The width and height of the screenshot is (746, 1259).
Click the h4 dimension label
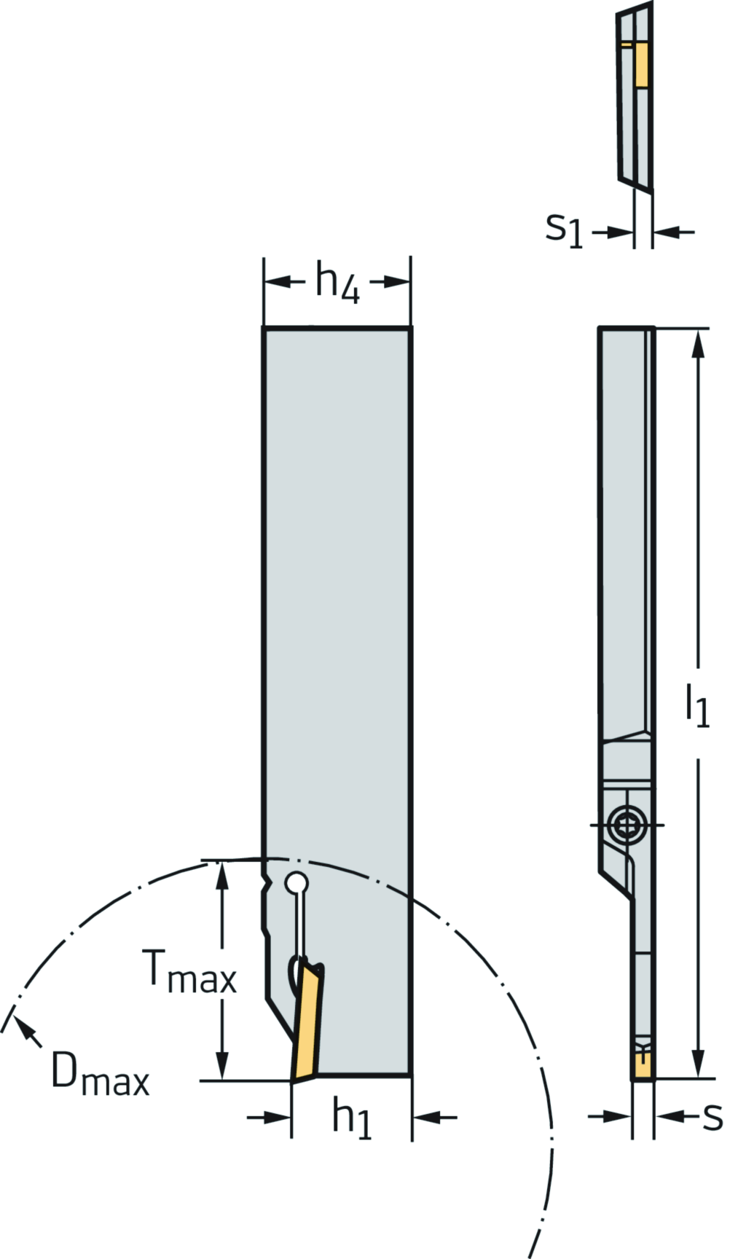pos(337,283)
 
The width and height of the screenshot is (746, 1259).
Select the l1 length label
pos(697,705)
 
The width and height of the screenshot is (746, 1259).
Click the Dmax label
pos(100,1074)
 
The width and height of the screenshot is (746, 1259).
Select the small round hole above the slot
pos(297,883)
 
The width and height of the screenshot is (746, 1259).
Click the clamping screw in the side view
pos(626,825)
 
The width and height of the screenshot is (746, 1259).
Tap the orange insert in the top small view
pos(641,63)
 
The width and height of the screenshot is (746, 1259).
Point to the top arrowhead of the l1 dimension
pos(698,342)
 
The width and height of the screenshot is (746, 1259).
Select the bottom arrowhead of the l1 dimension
pos(698,1064)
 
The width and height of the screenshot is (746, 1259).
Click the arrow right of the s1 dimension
pos(667,232)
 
